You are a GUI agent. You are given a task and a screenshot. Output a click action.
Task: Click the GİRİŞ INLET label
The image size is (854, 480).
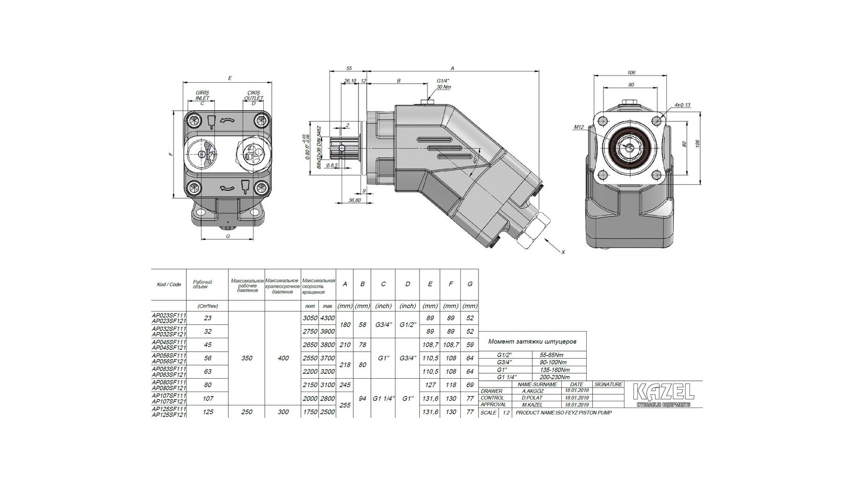(202, 95)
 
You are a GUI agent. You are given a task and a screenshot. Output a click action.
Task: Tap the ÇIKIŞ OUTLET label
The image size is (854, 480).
(255, 95)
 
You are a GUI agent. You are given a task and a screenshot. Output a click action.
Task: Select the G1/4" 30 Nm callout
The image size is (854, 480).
(443, 84)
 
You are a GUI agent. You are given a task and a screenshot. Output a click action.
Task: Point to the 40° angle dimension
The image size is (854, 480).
(475, 160)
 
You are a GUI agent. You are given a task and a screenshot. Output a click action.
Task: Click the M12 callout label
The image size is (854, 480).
(578, 127)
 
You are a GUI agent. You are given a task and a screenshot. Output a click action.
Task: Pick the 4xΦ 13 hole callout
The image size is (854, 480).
(682, 105)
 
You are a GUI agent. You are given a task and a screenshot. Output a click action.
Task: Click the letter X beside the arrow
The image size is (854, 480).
(563, 252)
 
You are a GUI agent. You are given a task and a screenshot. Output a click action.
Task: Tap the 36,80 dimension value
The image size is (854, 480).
(354, 200)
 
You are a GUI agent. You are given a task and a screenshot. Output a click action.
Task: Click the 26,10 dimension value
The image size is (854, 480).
(350, 81)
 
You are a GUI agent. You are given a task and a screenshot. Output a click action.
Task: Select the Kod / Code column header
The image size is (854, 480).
(169, 284)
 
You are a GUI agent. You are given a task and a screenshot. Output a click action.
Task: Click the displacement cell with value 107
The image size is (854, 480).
(207, 399)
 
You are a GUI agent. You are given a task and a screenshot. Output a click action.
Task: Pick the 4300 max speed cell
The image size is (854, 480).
(327, 318)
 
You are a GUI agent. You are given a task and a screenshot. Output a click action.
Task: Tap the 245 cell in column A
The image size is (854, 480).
(345, 385)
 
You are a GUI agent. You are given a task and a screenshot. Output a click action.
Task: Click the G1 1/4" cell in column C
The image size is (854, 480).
(383, 399)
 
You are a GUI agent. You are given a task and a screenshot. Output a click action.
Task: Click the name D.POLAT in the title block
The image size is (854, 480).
(533, 398)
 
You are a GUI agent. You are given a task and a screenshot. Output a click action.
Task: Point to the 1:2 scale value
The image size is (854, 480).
(506, 412)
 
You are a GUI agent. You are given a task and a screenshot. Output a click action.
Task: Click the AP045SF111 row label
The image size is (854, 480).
(169, 342)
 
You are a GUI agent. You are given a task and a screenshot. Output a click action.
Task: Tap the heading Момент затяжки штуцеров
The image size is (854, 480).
(532, 342)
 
